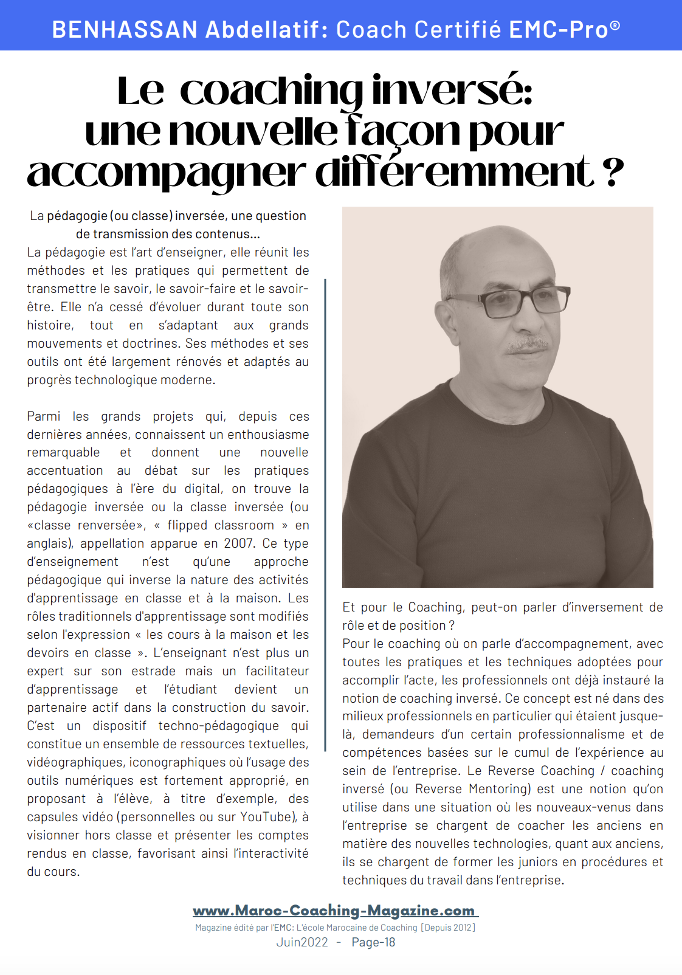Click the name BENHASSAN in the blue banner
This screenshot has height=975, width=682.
tap(125, 30)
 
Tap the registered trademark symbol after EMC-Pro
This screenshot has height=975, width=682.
tap(615, 26)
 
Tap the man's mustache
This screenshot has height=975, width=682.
tap(528, 345)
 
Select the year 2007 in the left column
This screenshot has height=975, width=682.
tap(239, 543)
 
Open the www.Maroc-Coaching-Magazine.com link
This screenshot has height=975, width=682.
tap(334, 911)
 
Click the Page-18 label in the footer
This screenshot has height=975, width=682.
tap(373, 942)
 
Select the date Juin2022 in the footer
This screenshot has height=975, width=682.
tap(302, 942)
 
